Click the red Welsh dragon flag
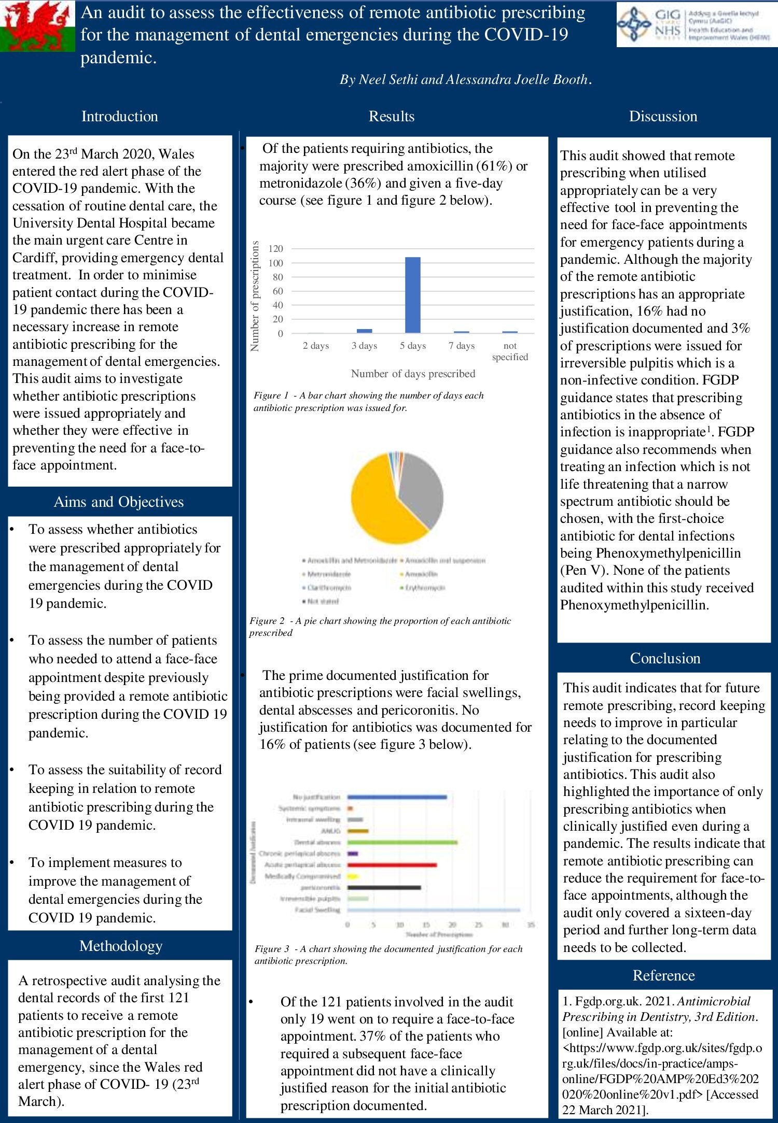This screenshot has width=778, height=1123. (x=37, y=26)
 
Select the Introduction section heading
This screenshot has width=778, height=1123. (x=119, y=116)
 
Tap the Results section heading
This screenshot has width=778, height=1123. (x=392, y=116)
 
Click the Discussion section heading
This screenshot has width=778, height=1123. (x=663, y=116)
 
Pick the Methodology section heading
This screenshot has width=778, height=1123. (x=121, y=946)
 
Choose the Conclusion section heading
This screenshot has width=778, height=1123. (x=665, y=658)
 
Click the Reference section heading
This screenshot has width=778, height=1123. (x=663, y=975)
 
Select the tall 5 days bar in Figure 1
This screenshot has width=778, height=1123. (x=413, y=295)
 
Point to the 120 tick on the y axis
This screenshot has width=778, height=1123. (x=276, y=249)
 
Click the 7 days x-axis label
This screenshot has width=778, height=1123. (x=462, y=346)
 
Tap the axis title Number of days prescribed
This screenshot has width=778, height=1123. (x=413, y=374)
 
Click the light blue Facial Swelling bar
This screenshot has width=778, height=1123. (x=433, y=909)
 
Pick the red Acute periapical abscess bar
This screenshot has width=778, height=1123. (x=392, y=865)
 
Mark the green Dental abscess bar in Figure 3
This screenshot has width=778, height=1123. (x=402, y=842)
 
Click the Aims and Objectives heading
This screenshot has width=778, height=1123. (x=119, y=502)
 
